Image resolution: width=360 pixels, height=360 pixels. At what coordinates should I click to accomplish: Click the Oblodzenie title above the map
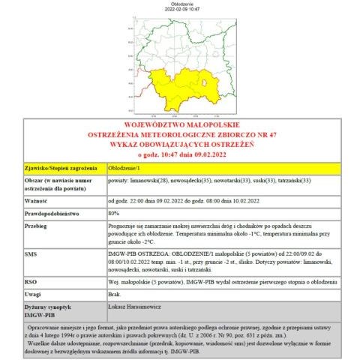[x=180, y=3]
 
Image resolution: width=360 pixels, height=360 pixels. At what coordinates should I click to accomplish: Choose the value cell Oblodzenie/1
[x=124, y=168]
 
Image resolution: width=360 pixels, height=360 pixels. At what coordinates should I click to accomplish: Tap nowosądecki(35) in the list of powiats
[x=190, y=181]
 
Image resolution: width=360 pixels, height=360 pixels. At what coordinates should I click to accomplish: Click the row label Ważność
[x=36, y=201]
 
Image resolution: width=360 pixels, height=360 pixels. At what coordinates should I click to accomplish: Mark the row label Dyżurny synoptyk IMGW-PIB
[x=48, y=309]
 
